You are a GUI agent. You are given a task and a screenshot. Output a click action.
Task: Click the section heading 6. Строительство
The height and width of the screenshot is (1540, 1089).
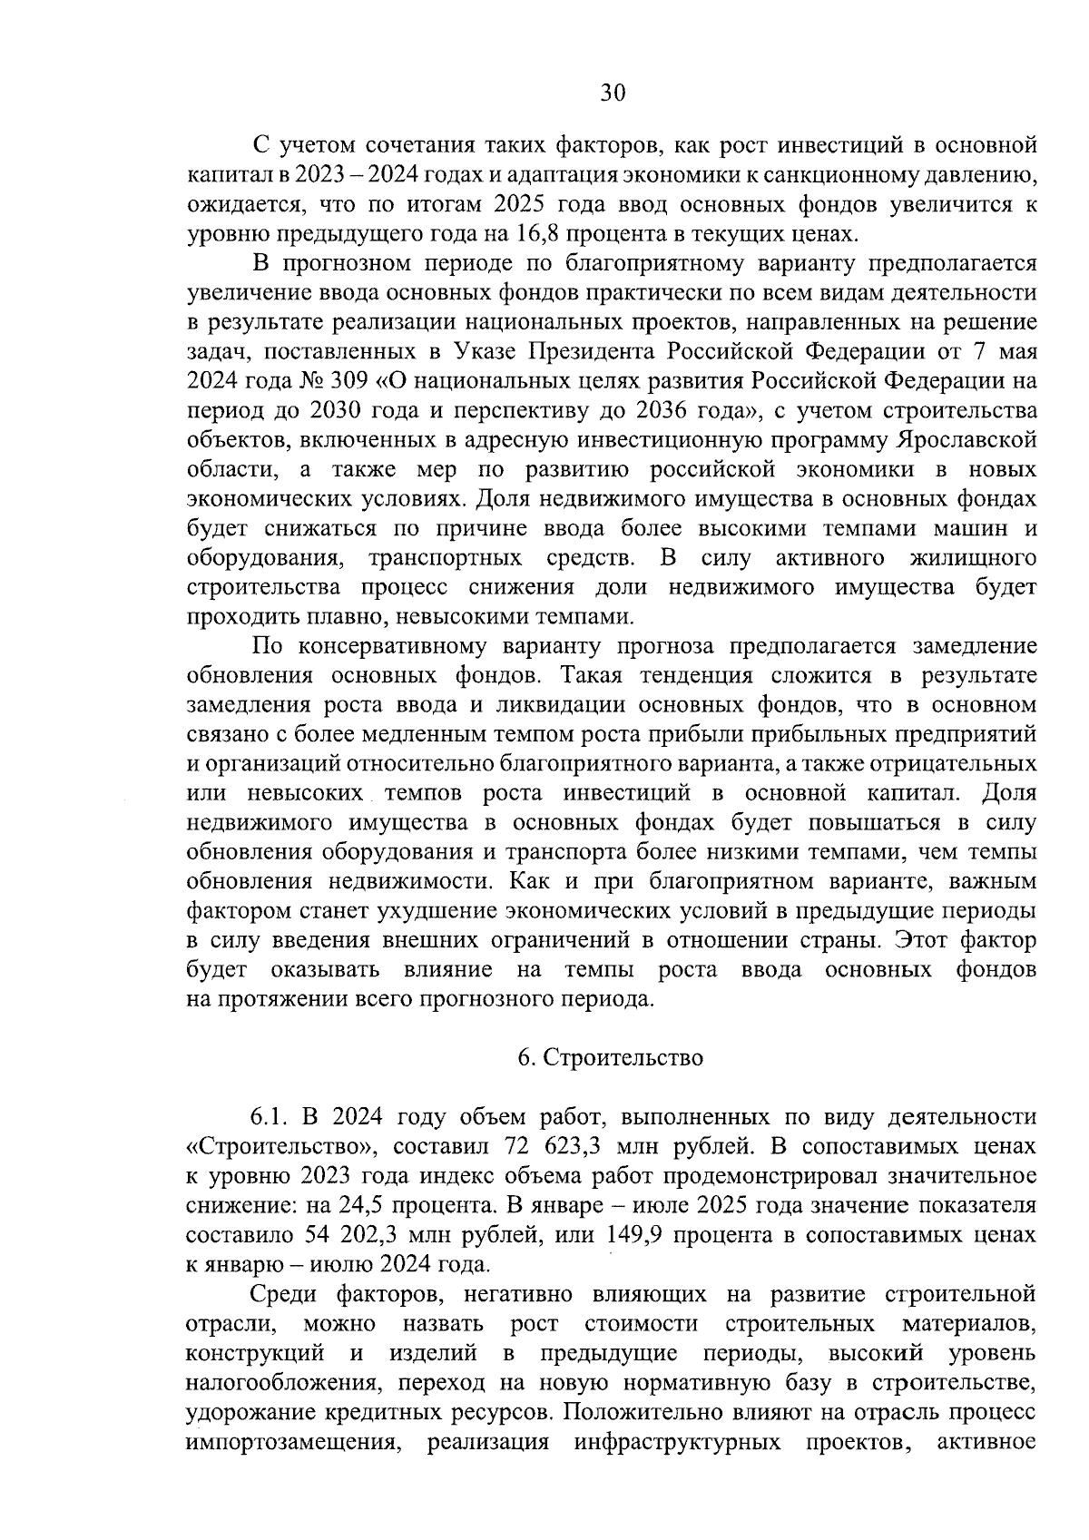[611, 1058]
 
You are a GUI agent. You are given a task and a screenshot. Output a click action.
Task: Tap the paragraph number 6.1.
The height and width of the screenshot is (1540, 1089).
[270, 1117]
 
